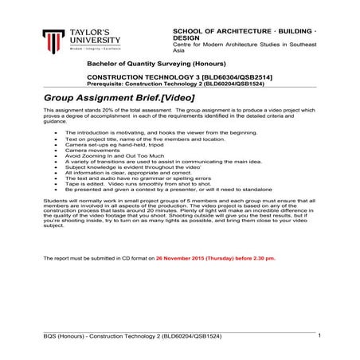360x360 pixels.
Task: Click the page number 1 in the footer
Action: pyautogui.click(x=318, y=335)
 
